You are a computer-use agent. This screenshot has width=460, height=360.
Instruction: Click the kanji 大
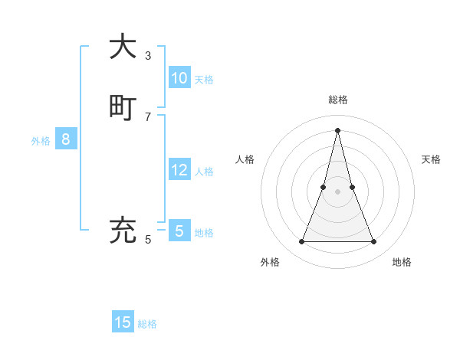pyautogui.click(x=123, y=47)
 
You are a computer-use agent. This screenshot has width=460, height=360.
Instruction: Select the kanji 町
pyautogui.click(x=123, y=107)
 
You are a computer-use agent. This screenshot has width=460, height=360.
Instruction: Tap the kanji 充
pyautogui.click(x=123, y=230)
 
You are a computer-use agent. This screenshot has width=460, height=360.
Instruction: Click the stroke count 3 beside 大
pyautogui.click(x=148, y=56)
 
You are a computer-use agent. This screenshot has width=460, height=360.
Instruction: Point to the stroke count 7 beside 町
pyautogui.click(x=148, y=116)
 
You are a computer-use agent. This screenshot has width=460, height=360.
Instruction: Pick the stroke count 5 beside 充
pyautogui.click(x=148, y=240)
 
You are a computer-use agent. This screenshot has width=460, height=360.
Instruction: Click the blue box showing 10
pyautogui.click(x=179, y=78)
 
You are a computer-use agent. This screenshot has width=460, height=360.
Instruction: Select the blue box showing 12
pyautogui.click(x=179, y=170)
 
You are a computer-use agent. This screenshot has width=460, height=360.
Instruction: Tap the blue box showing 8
pyautogui.click(x=66, y=139)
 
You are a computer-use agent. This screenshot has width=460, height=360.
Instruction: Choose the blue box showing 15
pyautogui.click(x=123, y=322)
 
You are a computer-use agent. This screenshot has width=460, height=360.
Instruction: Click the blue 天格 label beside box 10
pyautogui.click(x=204, y=80)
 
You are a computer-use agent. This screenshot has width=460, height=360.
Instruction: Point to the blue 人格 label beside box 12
pyautogui.click(x=204, y=172)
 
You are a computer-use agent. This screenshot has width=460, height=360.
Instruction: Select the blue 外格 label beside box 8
pyautogui.click(x=41, y=141)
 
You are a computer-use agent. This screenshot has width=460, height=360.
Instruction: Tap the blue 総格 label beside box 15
pyautogui.click(x=147, y=324)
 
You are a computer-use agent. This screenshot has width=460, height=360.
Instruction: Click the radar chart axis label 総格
pyautogui.click(x=338, y=100)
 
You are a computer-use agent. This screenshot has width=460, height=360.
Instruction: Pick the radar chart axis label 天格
pyautogui.click(x=431, y=159)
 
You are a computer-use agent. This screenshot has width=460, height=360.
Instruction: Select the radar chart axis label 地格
pyautogui.click(x=402, y=262)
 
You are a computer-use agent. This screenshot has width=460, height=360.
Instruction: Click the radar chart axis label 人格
pyautogui.click(x=245, y=159)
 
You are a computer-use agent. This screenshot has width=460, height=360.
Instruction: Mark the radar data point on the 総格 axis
pyautogui.click(x=338, y=129)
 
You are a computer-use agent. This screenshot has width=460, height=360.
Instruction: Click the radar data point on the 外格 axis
pyautogui.click(x=301, y=242)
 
